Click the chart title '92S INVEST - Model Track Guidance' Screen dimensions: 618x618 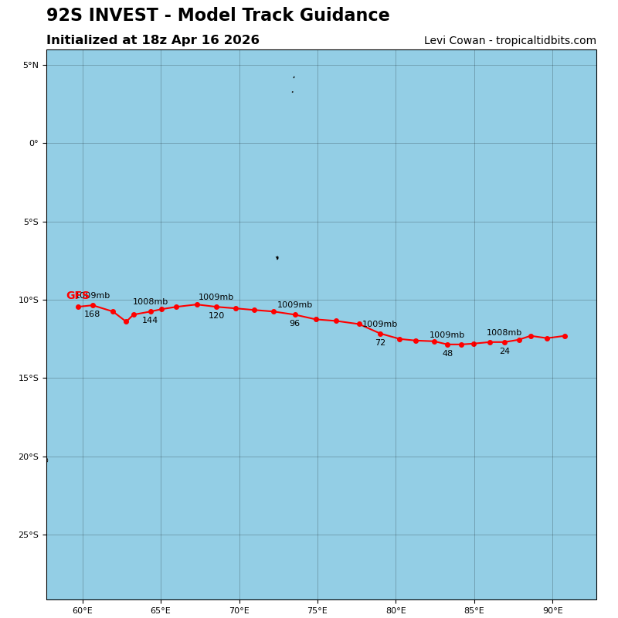pyautogui.click(x=218, y=15)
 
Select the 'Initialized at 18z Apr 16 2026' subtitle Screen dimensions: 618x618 pyautogui.click(x=153, y=40)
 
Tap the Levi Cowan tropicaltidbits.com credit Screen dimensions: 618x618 pyautogui.click(x=510, y=41)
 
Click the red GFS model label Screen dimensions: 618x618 pyautogui.click(x=77, y=296)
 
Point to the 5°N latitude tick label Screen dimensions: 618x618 pyautogui.click(x=30, y=66)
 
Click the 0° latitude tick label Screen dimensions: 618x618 pyautogui.click(x=33, y=144)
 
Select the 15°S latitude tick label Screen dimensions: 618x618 pyautogui.click(x=29, y=379)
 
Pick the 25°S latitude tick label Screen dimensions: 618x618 pyautogui.click(x=29, y=535)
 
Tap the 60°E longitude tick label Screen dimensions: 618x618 pyautogui.click(x=83, y=611)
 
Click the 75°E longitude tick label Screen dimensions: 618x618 pyautogui.click(x=317, y=611)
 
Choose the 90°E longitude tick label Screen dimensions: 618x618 pyautogui.click(x=552, y=611)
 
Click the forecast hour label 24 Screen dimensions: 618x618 pyautogui.click(x=504, y=351)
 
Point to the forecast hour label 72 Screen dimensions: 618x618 pyautogui.click(x=380, y=343)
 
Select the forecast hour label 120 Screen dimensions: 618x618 pyautogui.click(x=216, y=316)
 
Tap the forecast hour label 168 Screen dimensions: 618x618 pyautogui.click(x=92, y=314)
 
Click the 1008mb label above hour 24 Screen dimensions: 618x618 pyautogui.click(x=504, y=333)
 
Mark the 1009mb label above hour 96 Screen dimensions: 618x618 pyautogui.click(x=294, y=305)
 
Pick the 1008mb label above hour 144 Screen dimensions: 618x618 pyautogui.click(x=150, y=302)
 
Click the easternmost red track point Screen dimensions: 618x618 pyautogui.click(x=565, y=336)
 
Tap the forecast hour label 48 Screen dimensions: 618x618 pyautogui.click(x=447, y=354)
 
